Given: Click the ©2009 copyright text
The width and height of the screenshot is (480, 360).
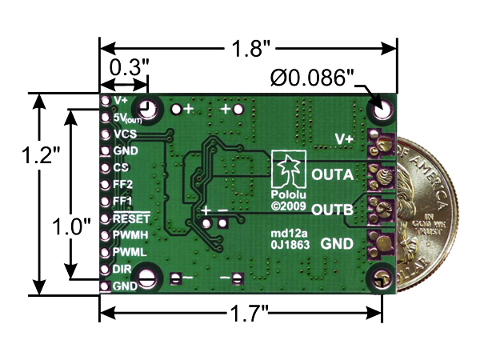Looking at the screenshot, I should click(x=285, y=206).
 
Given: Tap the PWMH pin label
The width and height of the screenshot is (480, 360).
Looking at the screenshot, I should click(x=128, y=235).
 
